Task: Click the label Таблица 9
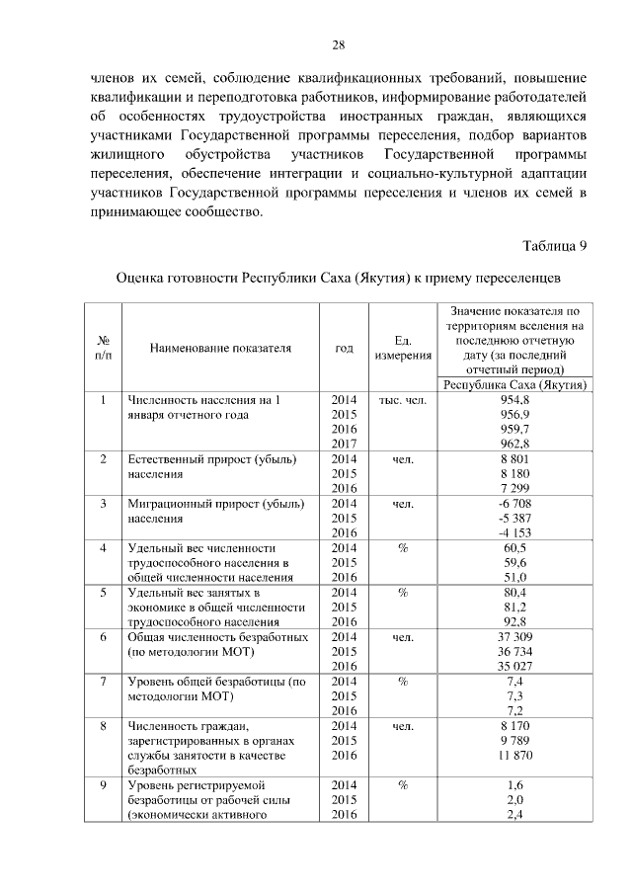(554, 244)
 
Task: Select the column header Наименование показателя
(221, 348)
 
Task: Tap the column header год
(344, 348)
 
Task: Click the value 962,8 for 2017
(515, 444)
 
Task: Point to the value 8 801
(515, 459)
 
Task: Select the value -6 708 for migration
(515, 503)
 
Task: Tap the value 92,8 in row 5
(515, 621)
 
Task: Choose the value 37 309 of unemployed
(515, 637)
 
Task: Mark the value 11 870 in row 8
(515, 755)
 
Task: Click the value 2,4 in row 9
(515, 814)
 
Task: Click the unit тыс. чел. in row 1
(402, 400)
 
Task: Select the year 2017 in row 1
(344, 444)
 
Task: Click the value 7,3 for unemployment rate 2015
(515, 695)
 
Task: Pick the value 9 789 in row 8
(515, 740)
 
